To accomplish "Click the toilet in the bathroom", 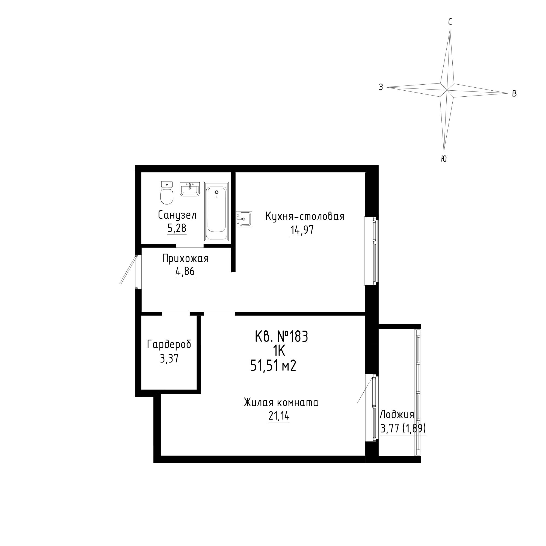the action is click(167, 193).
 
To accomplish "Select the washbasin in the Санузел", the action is click(190, 189).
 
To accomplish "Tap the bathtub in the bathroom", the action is click(216, 211).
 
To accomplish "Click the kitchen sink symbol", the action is click(244, 219).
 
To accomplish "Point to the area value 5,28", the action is click(177, 228).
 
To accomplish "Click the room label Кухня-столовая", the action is click(305, 216).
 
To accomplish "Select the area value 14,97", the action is click(302, 230).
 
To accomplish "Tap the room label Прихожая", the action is click(185, 258).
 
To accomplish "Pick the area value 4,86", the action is click(185, 272).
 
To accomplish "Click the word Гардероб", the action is click(169, 345).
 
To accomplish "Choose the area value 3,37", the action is click(169, 359).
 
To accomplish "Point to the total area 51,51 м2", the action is click(273, 366).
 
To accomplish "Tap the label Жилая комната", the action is click(281, 402).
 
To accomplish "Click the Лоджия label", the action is click(397, 415).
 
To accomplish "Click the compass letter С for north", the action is click(450, 22).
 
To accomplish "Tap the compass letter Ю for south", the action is click(444, 159).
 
